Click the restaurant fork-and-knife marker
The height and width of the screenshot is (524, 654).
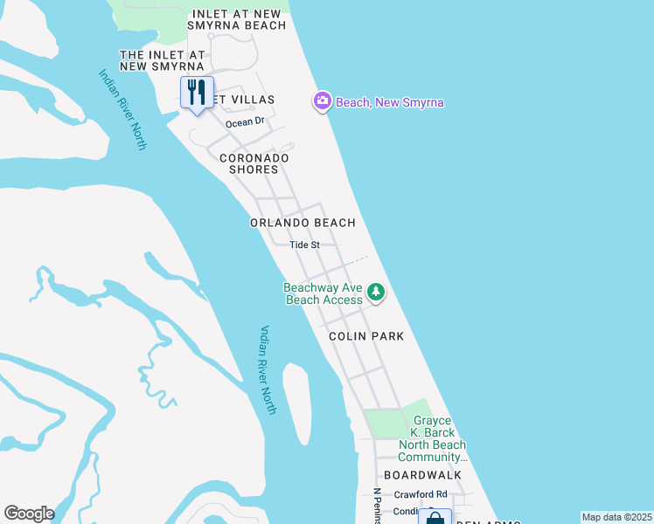197,93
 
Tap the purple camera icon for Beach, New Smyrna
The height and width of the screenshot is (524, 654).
323,101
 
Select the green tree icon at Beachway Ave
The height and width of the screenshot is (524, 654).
376,292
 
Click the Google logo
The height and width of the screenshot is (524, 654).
29,514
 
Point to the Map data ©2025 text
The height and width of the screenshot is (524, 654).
616,517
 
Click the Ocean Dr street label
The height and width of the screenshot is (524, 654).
244,122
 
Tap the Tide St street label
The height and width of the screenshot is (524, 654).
305,245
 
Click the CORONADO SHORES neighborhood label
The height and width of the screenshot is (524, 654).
254,163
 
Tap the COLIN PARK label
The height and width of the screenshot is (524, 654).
366,336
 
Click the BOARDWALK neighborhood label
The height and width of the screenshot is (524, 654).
428,475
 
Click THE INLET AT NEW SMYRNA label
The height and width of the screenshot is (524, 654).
162,60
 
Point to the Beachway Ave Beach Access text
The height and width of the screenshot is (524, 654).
324,293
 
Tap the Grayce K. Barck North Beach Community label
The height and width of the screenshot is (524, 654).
435,439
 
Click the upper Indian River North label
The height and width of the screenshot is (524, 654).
121,110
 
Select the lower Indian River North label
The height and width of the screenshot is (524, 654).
268,369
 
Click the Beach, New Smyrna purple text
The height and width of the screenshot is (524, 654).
390,103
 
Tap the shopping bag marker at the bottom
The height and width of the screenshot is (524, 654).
435,517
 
